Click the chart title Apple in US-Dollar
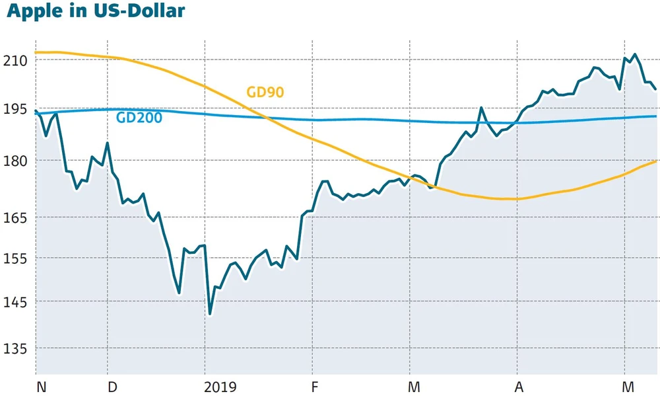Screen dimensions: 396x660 (x=96, y=11)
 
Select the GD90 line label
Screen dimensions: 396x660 (x=265, y=92)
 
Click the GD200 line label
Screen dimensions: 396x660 (x=139, y=118)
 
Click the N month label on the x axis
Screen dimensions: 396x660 (x=41, y=387)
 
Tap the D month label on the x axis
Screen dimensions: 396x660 (x=112, y=387)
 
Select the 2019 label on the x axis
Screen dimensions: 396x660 (x=219, y=387)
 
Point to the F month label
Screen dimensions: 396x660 (x=315, y=387)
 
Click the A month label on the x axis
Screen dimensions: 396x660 (x=519, y=387)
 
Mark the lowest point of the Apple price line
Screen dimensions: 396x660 (x=210, y=313)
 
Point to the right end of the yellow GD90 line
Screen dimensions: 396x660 (x=655, y=161)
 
